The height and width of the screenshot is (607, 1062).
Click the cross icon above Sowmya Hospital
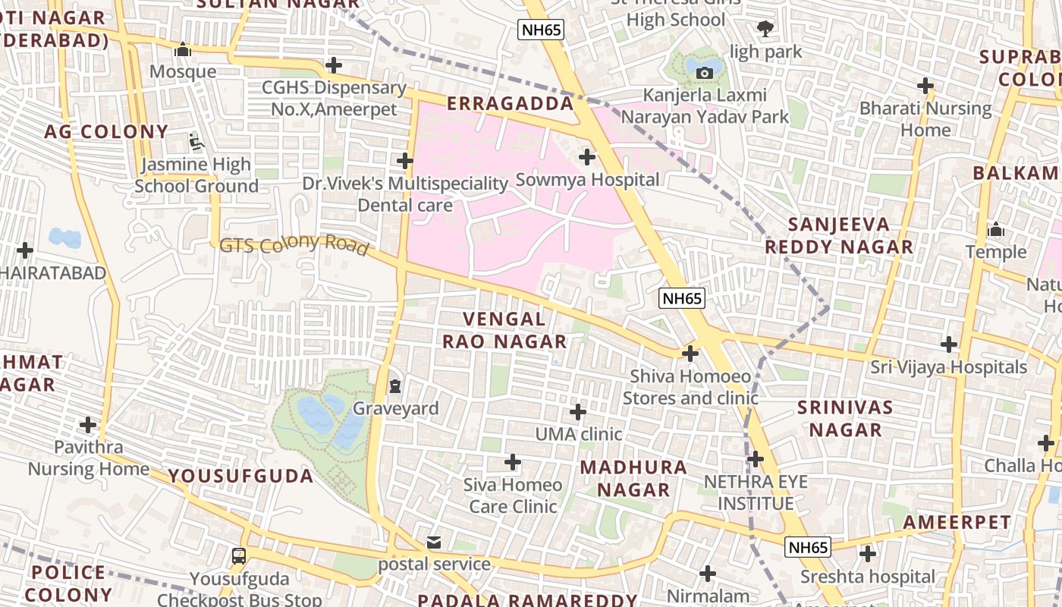[x=586, y=157]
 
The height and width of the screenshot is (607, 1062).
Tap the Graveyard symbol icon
[x=395, y=386]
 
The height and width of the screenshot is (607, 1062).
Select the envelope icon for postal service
[x=433, y=543]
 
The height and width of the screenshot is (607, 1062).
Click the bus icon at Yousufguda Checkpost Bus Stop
[x=239, y=556]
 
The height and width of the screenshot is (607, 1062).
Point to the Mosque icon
[x=182, y=50]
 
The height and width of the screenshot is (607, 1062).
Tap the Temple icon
[x=995, y=229]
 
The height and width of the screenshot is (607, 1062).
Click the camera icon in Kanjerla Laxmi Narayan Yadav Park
[x=705, y=73]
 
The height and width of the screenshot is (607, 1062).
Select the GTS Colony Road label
[x=294, y=245]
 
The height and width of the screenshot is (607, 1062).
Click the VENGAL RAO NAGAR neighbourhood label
[x=504, y=331]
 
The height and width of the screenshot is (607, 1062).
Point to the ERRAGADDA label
[x=510, y=104]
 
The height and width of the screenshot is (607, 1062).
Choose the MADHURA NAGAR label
[x=633, y=479]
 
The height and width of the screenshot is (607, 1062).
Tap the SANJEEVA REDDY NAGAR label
[x=838, y=235]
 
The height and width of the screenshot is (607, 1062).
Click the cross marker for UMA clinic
[x=578, y=412]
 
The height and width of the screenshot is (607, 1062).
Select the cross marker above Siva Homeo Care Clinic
[x=513, y=461]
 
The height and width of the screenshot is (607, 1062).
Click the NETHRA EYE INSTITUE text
[x=756, y=492]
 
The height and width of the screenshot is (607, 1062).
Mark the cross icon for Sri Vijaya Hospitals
[x=948, y=344]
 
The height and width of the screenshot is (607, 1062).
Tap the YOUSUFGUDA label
[x=240, y=476]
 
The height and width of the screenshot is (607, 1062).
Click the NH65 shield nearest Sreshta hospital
[x=808, y=547]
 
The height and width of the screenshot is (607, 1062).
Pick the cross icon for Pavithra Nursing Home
[x=88, y=424]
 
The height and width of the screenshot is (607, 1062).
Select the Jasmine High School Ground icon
[x=196, y=142]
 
